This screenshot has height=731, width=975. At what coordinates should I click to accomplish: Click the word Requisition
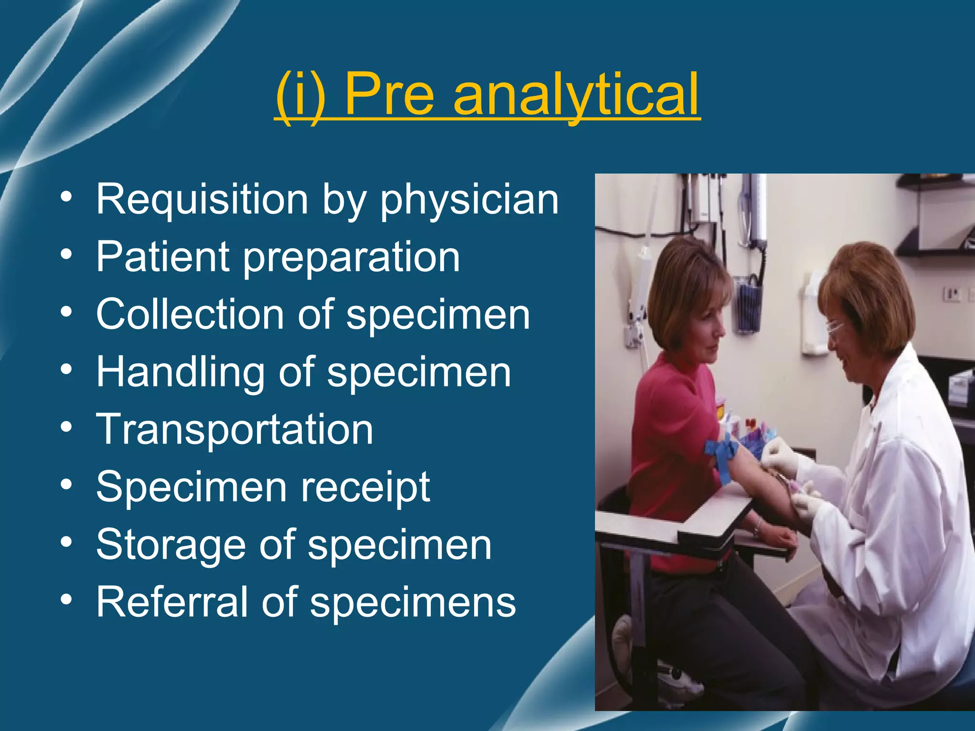[x=202, y=199]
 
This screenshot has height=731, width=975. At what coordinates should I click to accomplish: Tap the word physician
[x=469, y=200]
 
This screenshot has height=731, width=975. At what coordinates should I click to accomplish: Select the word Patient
[x=163, y=257]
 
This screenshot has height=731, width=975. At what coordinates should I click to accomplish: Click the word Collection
[x=190, y=314]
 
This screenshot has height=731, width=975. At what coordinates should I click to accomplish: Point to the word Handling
[x=180, y=373]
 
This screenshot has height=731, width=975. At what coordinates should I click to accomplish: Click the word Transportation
[x=235, y=429]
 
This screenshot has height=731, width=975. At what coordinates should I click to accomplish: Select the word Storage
[x=171, y=545]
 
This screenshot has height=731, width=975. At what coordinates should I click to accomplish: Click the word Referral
[x=172, y=602]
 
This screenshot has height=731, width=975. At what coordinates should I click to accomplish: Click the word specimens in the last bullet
[x=413, y=603]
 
